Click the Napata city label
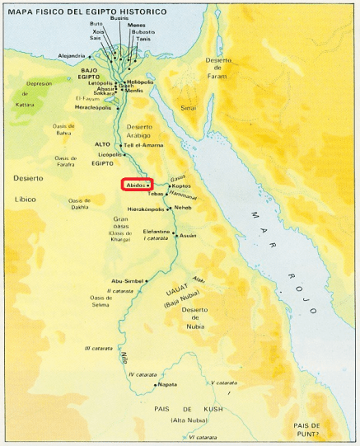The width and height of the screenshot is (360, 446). (x=169, y=384)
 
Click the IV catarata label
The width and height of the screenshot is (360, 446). (x=147, y=374)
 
